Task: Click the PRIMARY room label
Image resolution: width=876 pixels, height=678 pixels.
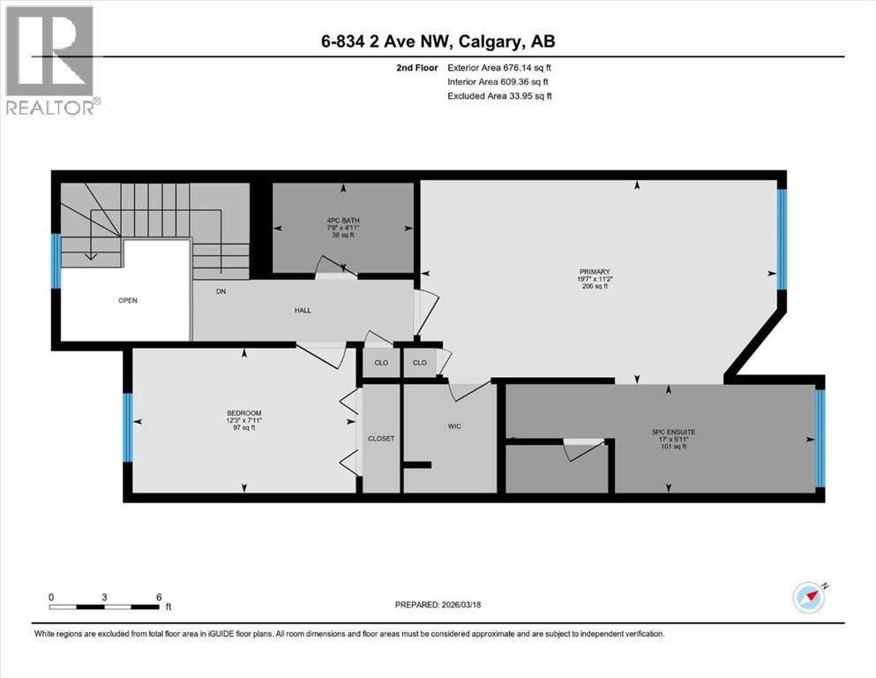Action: click(595, 272)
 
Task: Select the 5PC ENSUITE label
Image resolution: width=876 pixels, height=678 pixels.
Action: click(673, 432)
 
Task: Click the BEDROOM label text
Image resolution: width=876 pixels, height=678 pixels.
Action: click(244, 413)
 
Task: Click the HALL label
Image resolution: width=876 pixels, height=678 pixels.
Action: click(303, 310)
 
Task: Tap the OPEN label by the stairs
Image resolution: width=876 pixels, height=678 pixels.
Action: click(128, 300)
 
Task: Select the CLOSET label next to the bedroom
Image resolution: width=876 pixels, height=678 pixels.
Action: click(382, 438)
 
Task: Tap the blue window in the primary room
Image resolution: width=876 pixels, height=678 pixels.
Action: click(781, 239)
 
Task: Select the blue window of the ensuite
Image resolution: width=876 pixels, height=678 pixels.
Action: click(820, 439)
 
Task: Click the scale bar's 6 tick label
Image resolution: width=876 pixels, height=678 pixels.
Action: click(159, 597)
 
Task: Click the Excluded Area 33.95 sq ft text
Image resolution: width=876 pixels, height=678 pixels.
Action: click(499, 96)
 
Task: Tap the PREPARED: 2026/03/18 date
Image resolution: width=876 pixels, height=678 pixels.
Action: click(438, 605)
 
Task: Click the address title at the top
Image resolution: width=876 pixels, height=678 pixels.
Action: click(438, 41)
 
